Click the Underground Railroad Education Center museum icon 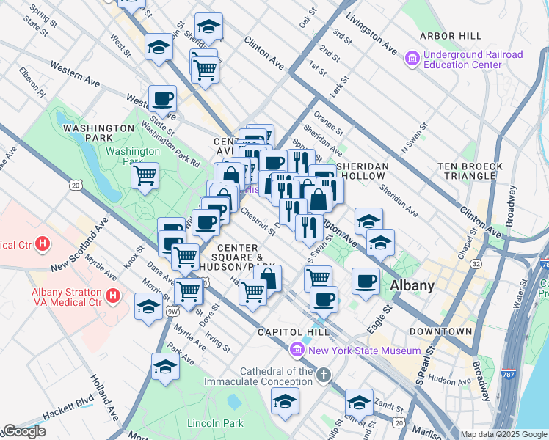coord(411,57)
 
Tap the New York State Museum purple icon coord(297,351)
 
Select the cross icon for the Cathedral coord(324,376)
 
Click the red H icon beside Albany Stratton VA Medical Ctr coord(112,296)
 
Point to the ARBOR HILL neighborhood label coord(451,36)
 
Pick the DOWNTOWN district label coord(440,331)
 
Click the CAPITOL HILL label coord(286,332)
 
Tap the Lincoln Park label coord(214,423)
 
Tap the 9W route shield coord(173,312)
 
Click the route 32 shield coord(476,263)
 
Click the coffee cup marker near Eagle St coord(365,281)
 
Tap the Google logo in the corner coord(24,431)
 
